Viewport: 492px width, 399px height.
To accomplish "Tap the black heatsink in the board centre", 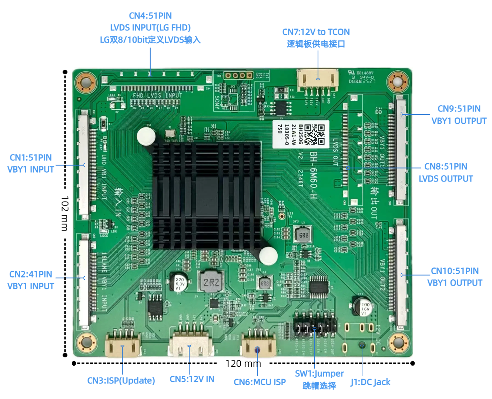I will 207,195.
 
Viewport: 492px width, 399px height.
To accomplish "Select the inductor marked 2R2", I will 211,282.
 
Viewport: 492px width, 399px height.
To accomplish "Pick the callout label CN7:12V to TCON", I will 316,32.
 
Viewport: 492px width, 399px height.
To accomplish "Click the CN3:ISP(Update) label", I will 121,381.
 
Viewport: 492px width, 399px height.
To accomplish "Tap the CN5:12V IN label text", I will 192,379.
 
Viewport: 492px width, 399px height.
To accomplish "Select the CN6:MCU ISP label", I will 260,382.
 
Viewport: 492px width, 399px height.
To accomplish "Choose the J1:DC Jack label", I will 370,382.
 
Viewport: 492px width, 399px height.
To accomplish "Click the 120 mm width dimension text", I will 243,363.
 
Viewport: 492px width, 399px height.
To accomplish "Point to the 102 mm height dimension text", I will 65,213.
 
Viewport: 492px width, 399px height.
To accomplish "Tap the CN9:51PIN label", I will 459,109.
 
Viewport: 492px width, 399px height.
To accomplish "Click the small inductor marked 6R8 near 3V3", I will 303,235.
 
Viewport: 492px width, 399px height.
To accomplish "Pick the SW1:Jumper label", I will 319,374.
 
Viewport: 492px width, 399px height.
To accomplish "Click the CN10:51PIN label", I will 455,271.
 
